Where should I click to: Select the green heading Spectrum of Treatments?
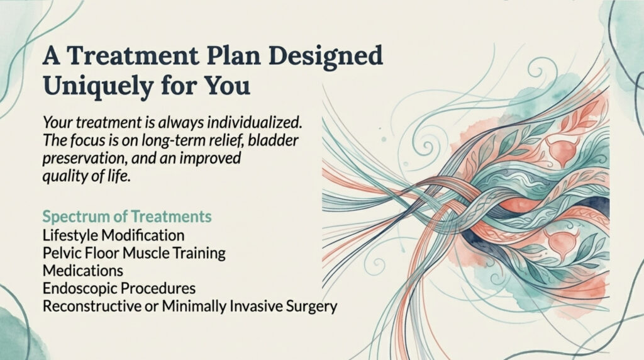[x=127, y=216]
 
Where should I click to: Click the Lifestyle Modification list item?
[x=113, y=235]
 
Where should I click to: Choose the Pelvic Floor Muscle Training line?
[x=134, y=253]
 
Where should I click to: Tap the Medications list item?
[x=83, y=271]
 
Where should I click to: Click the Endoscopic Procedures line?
[x=119, y=288]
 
